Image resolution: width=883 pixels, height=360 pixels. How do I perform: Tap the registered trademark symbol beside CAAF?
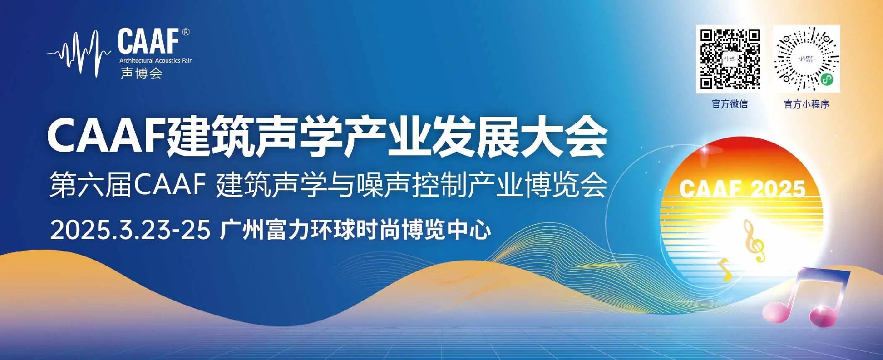point(185,32)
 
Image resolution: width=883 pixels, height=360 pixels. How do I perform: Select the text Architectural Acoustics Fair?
point(155,61)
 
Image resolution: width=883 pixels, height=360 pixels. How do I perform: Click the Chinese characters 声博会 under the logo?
point(141,73)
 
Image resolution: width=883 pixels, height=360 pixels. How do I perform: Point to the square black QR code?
point(729,59)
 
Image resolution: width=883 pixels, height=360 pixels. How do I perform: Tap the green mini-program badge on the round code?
point(826,80)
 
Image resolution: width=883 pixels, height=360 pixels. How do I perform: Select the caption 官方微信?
point(729,104)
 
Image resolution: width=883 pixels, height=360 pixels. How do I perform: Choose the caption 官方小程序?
point(806,104)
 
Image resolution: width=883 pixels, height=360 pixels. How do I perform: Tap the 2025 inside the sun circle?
point(777,188)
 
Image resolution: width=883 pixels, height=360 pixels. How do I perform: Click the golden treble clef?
point(753,241)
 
